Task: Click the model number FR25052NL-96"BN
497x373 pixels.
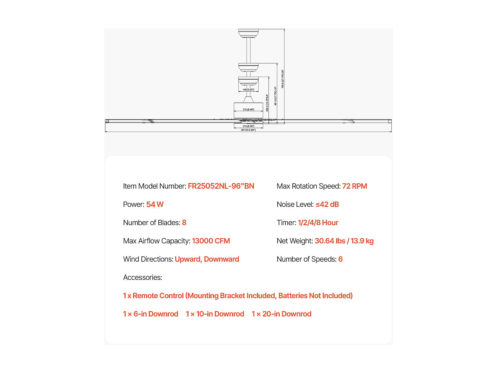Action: pyautogui.click(x=221, y=186)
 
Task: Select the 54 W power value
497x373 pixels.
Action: pyautogui.click(x=155, y=204)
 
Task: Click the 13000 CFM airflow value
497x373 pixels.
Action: pyautogui.click(x=211, y=241)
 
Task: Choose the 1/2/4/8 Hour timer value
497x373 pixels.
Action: pyautogui.click(x=318, y=222)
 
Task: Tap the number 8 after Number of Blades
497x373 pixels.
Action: pyautogui.click(x=184, y=222)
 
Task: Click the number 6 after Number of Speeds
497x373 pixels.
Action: pyautogui.click(x=340, y=259)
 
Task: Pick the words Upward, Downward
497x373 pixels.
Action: pyautogui.click(x=207, y=259)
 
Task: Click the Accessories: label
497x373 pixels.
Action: pyautogui.click(x=142, y=277)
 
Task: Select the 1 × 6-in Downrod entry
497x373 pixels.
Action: pyautogui.click(x=150, y=314)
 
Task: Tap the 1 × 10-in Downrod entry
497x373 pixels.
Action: pyautogui.click(x=215, y=314)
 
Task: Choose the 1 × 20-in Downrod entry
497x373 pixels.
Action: pyautogui.click(x=281, y=314)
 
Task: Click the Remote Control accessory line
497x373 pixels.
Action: pyautogui.click(x=238, y=296)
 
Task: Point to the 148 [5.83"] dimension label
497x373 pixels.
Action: pyautogui.click(x=248, y=90)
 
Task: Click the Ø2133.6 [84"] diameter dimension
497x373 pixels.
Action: pyautogui.click(x=248, y=130)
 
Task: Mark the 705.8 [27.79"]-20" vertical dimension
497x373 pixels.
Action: pyautogui.click(x=282, y=79)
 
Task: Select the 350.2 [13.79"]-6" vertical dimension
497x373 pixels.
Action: pyautogui.click(x=267, y=103)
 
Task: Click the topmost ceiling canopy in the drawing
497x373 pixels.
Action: pyautogui.click(x=248, y=33)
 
